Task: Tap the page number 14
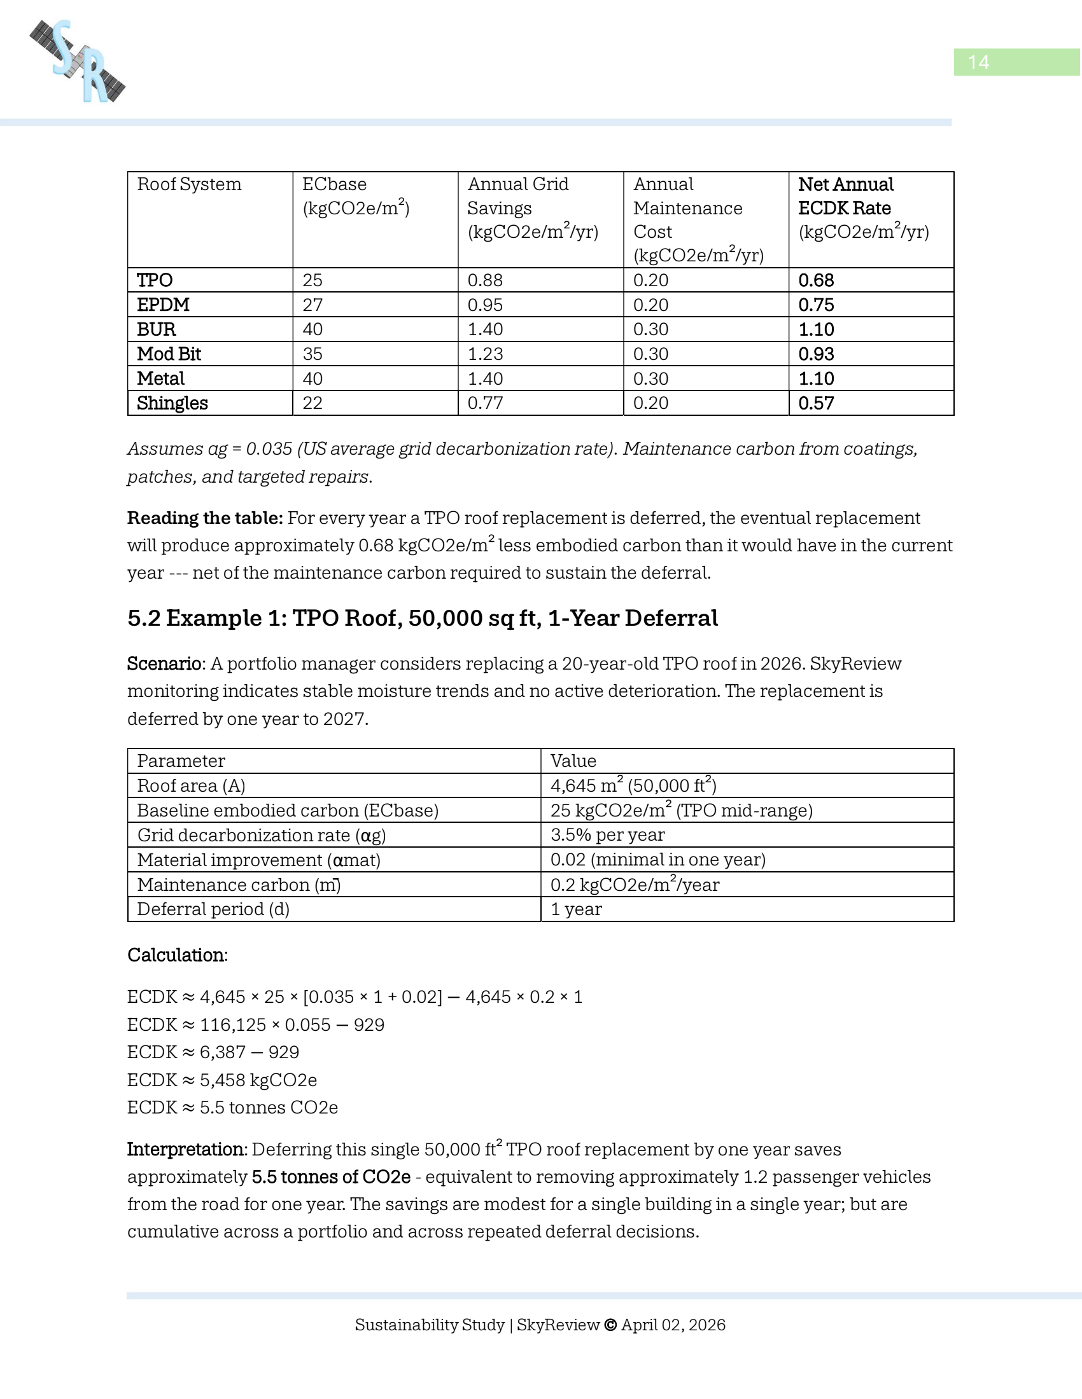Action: click(978, 62)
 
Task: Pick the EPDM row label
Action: click(163, 305)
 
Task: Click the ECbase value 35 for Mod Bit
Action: click(312, 354)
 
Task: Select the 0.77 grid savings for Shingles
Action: click(484, 404)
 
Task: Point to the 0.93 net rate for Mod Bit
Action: click(816, 354)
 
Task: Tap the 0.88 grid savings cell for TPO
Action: click(484, 280)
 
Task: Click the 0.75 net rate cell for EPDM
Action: click(816, 305)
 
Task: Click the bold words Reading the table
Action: click(204, 518)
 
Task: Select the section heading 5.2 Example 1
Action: click(422, 618)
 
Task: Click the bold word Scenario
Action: click(164, 664)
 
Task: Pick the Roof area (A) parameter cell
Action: click(191, 786)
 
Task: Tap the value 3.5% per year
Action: click(607, 836)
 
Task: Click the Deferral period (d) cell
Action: click(213, 909)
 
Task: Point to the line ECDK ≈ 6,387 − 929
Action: click(213, 1052)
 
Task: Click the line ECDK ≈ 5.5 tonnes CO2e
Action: click(232, 1108)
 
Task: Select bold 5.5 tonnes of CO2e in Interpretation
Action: click(331, 1177)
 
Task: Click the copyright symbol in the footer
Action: click(610, 1325)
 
